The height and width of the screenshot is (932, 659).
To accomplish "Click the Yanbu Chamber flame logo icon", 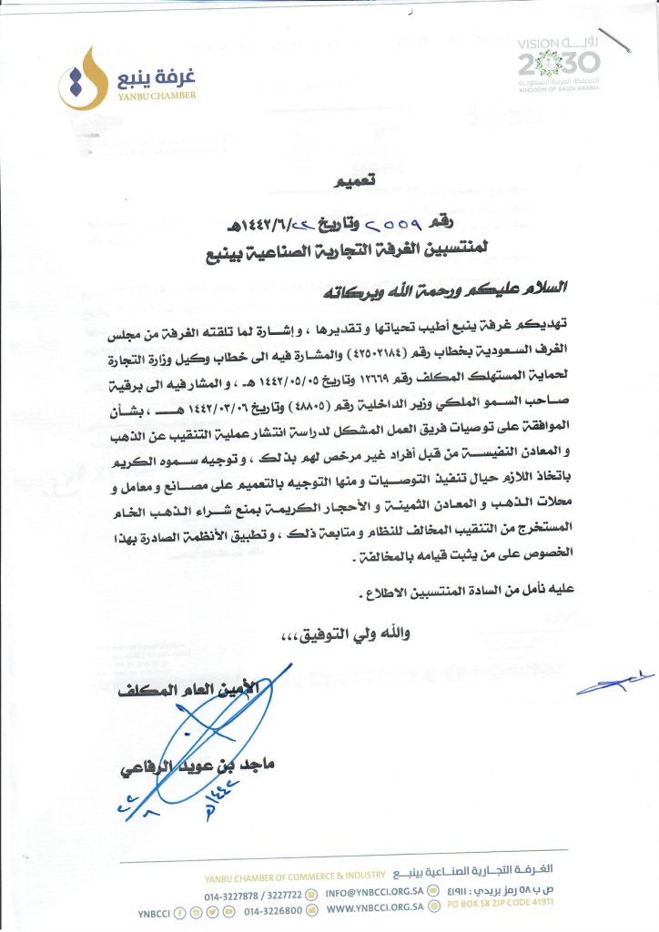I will click(x=78, y=77).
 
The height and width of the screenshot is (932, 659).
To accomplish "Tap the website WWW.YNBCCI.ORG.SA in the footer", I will click(x=374, y=908).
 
